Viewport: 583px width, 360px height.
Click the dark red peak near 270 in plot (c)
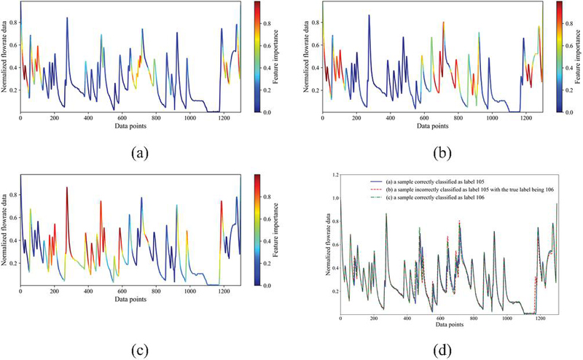point(66,189)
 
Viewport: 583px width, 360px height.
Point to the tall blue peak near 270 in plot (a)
point(66,18)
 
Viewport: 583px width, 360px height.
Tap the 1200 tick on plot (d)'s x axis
point(540,319)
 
